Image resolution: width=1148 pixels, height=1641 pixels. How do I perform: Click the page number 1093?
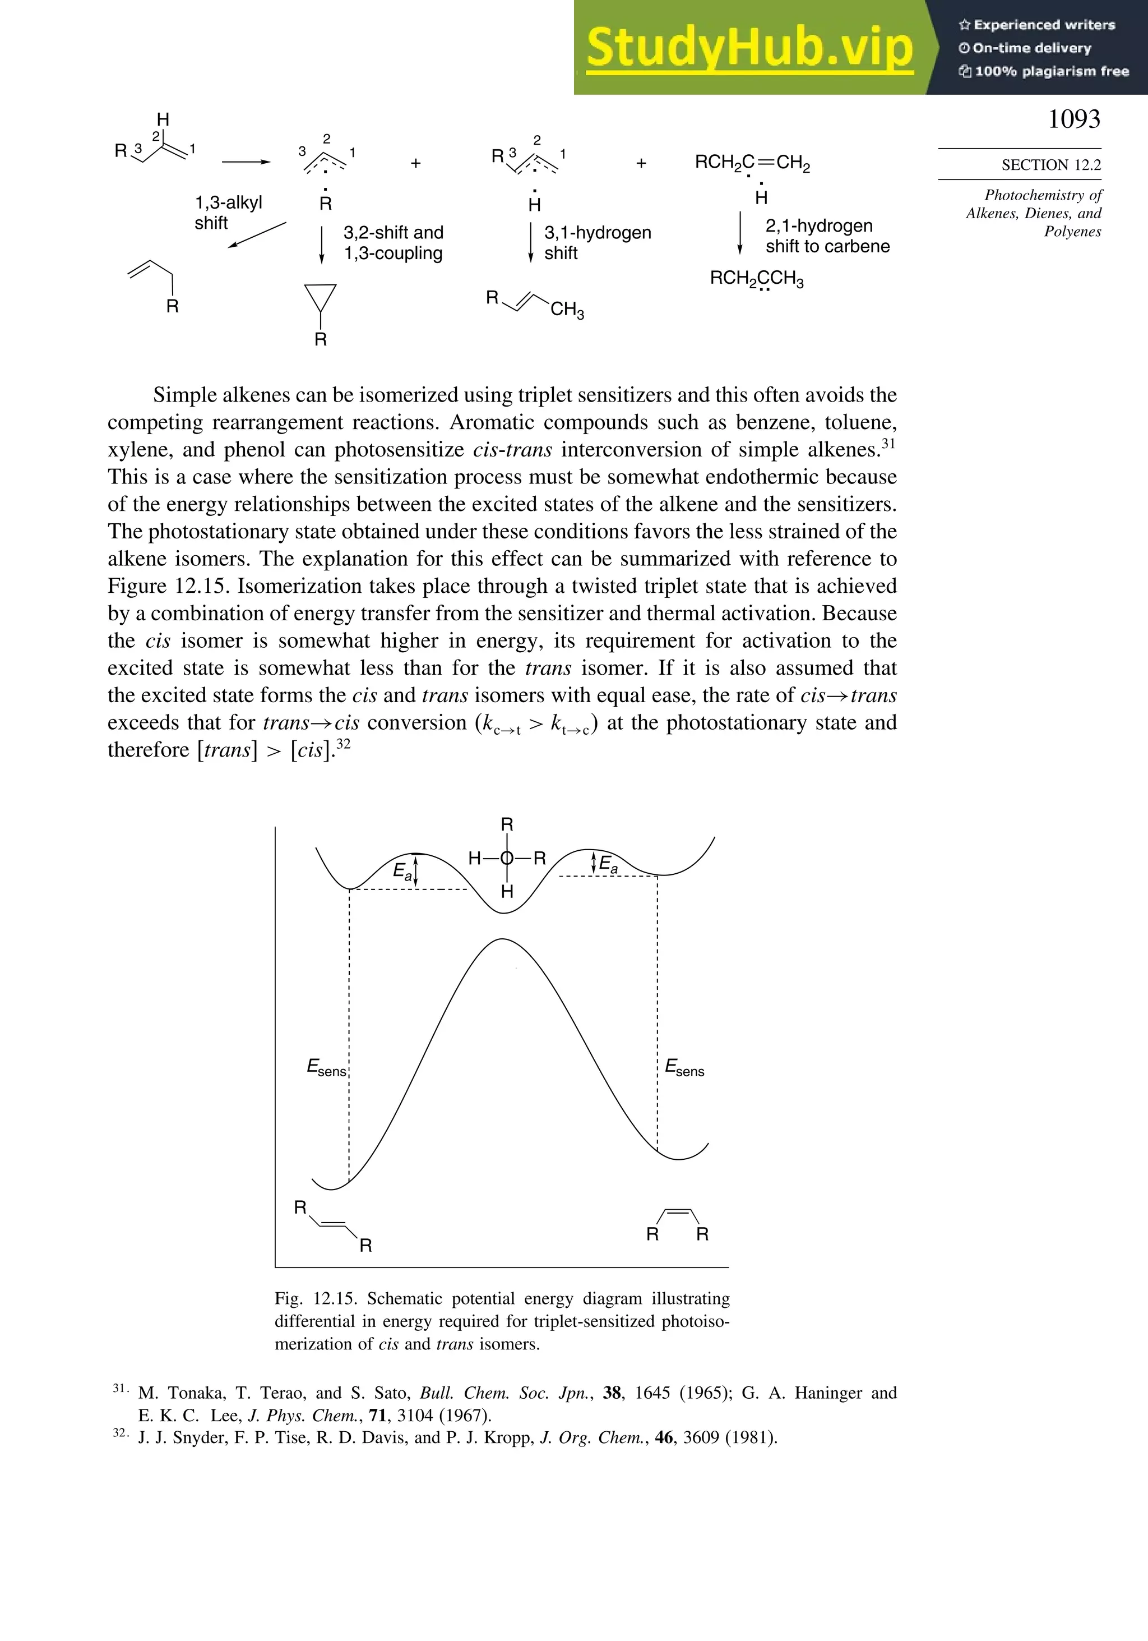click(x=1073, y=119)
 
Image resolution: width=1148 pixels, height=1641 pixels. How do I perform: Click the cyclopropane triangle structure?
click(x=320, y=296)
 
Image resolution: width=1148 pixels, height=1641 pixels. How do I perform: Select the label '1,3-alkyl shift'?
click(x=229, y=212)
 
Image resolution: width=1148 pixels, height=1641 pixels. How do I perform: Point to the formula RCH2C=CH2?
click(x=752, y=163)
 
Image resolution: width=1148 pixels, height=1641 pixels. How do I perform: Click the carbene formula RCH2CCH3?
click(x=756, y=278)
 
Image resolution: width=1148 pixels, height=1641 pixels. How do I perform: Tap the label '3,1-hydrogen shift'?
click(x=596, y=242)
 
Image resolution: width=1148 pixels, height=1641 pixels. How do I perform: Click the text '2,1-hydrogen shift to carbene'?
click(x=827, y=236)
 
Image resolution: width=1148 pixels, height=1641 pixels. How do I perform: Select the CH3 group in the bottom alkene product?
click(x=567, y=310)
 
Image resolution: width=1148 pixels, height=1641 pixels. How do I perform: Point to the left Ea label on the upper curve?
click(x=402, y=871)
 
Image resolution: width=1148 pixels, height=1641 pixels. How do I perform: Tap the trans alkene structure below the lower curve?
click(x=333, y=1227)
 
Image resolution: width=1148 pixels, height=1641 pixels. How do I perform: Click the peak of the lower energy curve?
click(x=502, y=940)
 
